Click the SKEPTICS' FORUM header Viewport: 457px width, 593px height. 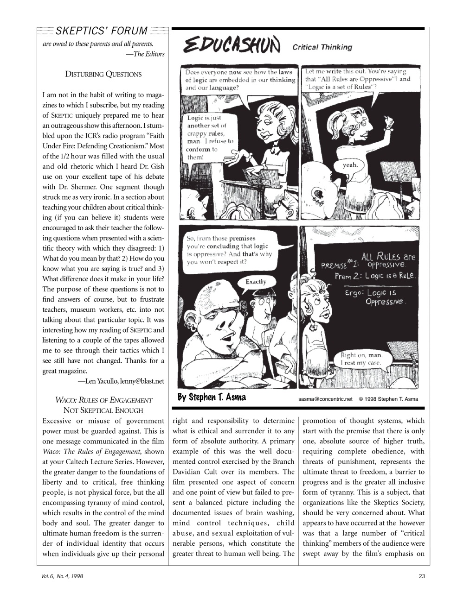click(x=101, y=32)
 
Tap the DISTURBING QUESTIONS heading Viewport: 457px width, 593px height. click(x=103, y=74)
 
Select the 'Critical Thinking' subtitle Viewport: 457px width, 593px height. click(x=322, y=47)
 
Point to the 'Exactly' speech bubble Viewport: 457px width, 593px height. click(x=256, y=282)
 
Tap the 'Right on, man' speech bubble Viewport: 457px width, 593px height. click(x=361, y=359)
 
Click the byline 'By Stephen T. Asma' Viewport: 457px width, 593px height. click(x=212, y=397)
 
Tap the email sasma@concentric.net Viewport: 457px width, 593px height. click(x=322, y=399)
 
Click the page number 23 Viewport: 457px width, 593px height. click(x=421, y=576)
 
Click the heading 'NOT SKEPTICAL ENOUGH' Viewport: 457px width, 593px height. click(x=103, y=410)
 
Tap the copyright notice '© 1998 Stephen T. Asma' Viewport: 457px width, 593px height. click(x=388, y=399)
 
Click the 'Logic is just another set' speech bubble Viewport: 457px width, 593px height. click(x=210, y=138)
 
